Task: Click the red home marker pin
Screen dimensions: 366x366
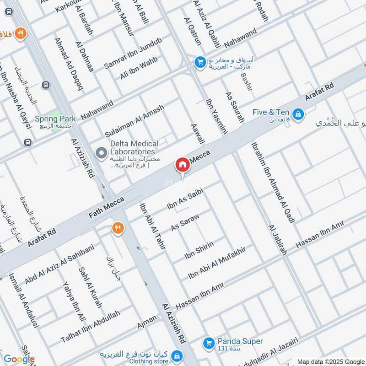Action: coord(182,165)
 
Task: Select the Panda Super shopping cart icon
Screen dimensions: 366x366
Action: coord(209,342)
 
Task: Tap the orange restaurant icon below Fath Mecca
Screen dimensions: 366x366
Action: coord(118,227)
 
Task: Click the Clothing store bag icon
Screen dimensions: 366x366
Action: coord(176,355)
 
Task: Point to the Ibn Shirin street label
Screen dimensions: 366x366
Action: coord(199,249)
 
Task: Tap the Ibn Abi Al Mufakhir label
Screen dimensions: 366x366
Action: coord(217,263)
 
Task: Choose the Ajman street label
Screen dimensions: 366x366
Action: coord(147,325)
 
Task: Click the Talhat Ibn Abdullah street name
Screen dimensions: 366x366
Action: coord(90,327)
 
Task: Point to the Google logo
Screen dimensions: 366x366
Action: coord(19,359)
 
